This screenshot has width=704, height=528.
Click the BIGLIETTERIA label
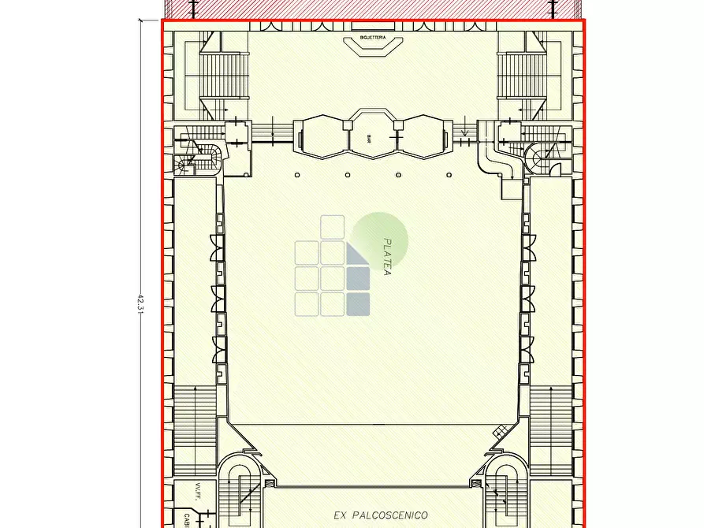(371, 37)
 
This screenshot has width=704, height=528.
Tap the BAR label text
(369, 138)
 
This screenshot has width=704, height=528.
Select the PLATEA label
(387, 257)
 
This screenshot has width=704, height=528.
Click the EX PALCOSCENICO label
(381, 515)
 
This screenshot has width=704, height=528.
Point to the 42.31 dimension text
(141, 303)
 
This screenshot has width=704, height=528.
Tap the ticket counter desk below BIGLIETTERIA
(371, 49)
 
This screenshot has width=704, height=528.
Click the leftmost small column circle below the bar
(297, 174)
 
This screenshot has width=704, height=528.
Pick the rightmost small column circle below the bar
(449, 174)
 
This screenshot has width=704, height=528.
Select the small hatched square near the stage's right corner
(498, 431)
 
